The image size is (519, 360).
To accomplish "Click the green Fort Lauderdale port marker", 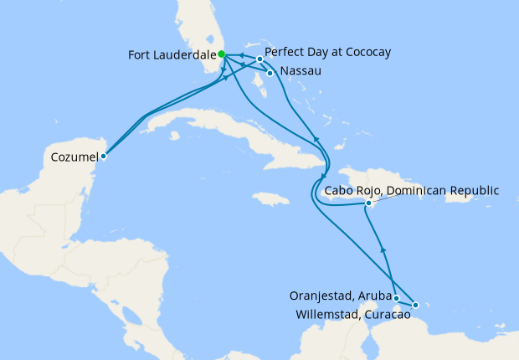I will pyautogui.click(x=222, y=54).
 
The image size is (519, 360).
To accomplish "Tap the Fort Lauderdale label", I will pyautogui.click(x=172, y=56).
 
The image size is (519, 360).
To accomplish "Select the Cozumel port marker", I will pyautogui.click(x=104, y=156).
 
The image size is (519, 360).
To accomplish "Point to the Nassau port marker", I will pyautogui.click(x=270, y=73).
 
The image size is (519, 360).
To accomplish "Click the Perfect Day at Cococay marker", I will pyautogui.click(x=260, y=59).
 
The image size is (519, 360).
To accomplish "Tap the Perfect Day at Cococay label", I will pyautogui.click(x=327, y=52).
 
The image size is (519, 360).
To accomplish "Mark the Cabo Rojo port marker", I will pyautogui.click(x=368, y=203).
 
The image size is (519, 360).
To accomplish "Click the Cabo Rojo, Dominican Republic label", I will pyautogui.click(x=411, y=191).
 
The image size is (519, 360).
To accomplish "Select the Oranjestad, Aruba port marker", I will pyautogui.click(x=397, y=298).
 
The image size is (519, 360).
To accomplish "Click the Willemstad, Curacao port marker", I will pyautogui.click(x=415, y=305).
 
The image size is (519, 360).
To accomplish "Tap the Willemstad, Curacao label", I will pyautogui.click(x=352, y=315).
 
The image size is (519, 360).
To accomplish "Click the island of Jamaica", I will pyautogui.click(x=269, y=199).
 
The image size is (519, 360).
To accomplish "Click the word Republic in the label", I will pyautogui.click(x=475, y=191).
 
